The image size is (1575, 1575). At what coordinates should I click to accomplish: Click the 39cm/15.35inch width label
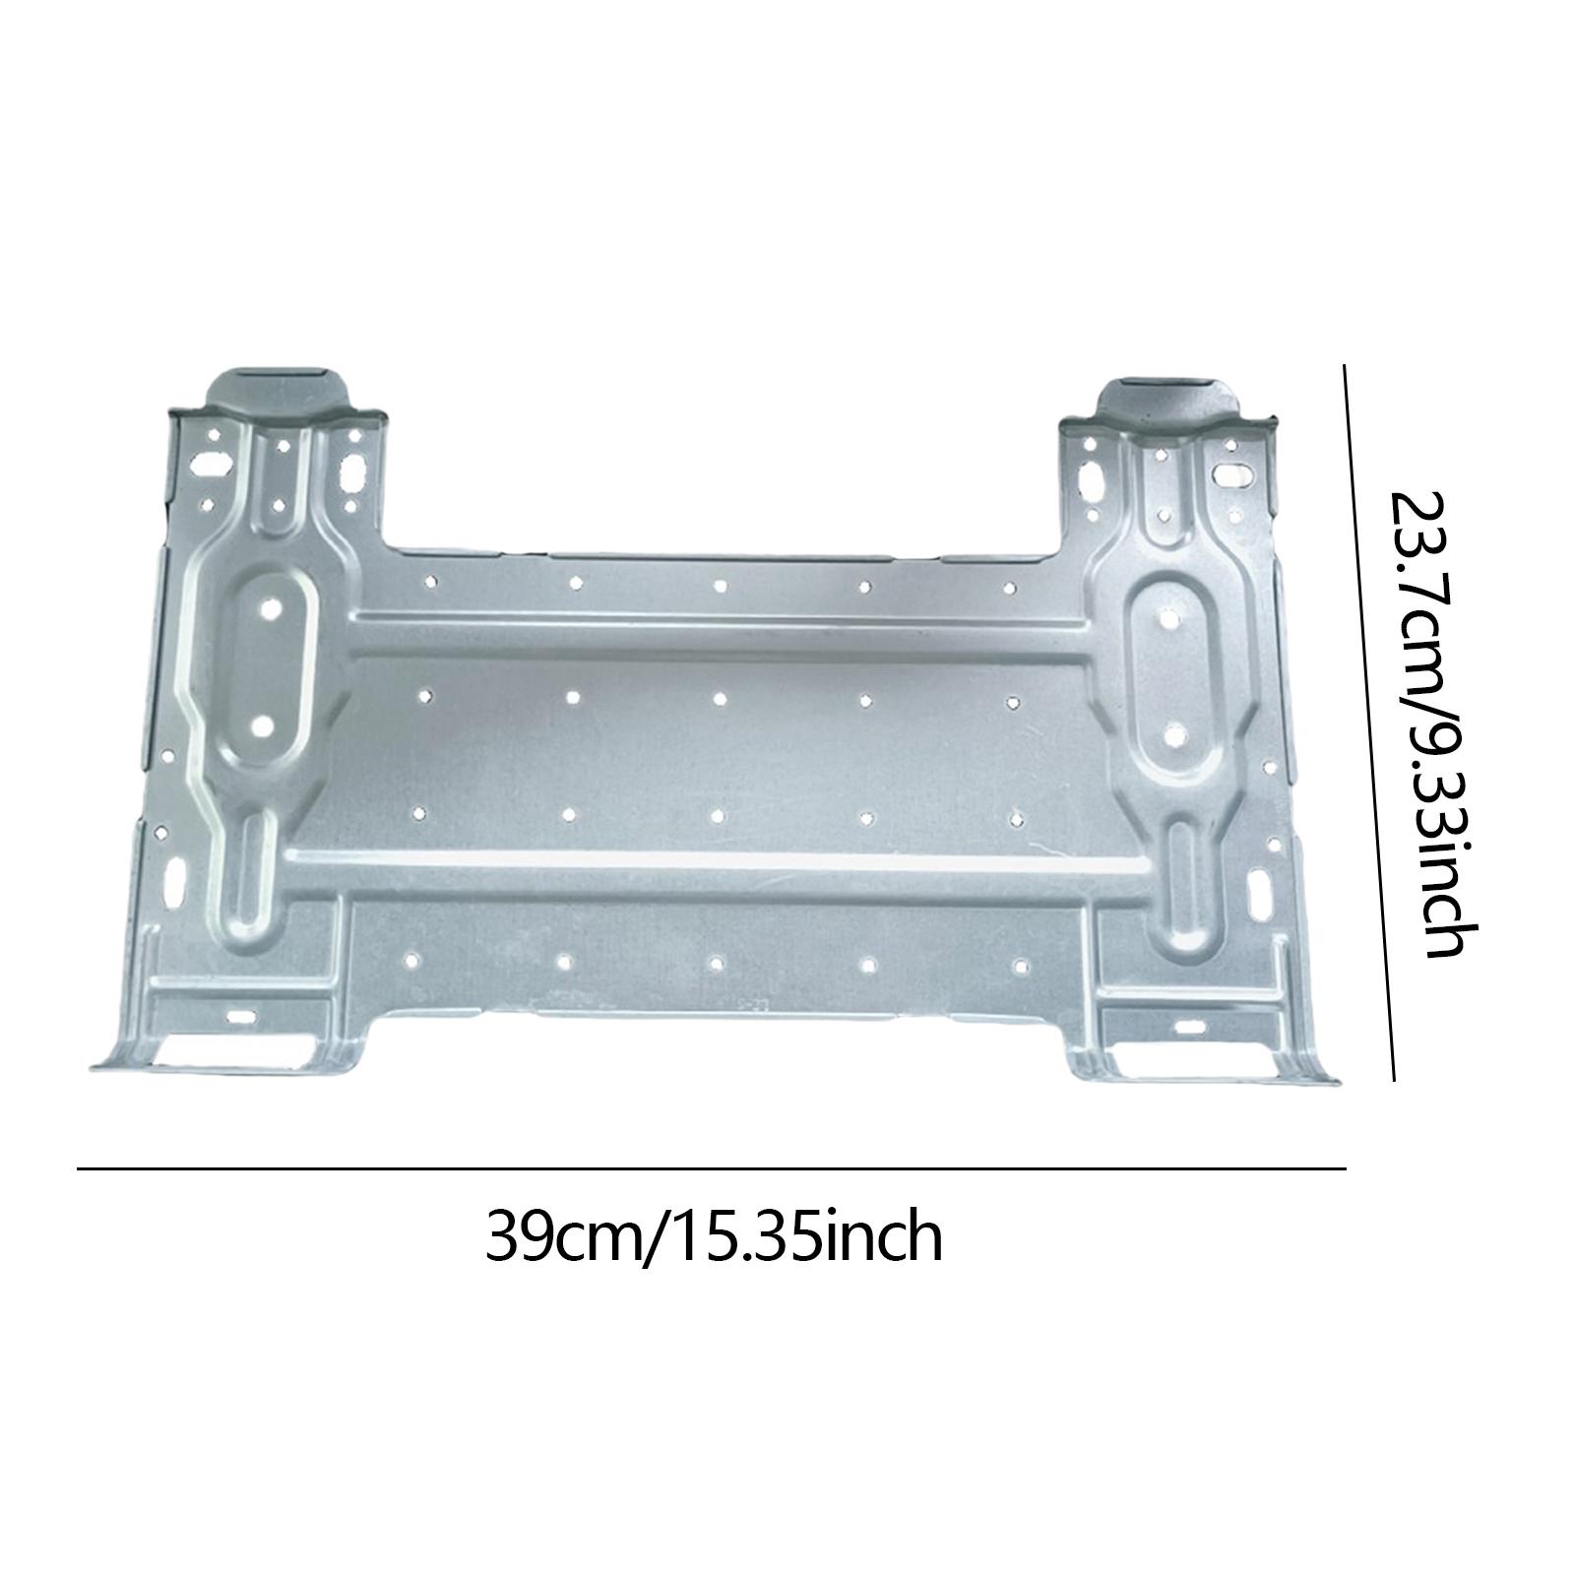coord(714,1238)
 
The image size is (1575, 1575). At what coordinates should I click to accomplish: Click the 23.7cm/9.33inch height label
coord(1432,724)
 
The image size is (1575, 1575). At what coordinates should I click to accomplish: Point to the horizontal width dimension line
coord(711,1168)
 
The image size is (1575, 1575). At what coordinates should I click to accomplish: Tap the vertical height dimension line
coord(1369,724)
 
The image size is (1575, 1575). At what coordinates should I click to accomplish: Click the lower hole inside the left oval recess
coord(262,725)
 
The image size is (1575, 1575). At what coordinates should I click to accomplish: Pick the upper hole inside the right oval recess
coord(1171,618)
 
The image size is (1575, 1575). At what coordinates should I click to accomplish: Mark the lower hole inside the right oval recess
coord(1173,732)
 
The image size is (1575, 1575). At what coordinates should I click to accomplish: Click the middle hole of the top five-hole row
coord(721,586)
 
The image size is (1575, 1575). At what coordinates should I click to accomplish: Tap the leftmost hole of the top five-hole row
coord(430,582)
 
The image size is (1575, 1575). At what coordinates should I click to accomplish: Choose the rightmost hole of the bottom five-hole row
coord(1021,967)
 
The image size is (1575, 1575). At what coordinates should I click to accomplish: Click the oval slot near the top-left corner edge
coord(209,461)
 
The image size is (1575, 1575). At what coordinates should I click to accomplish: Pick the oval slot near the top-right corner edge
coord(1230,474)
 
